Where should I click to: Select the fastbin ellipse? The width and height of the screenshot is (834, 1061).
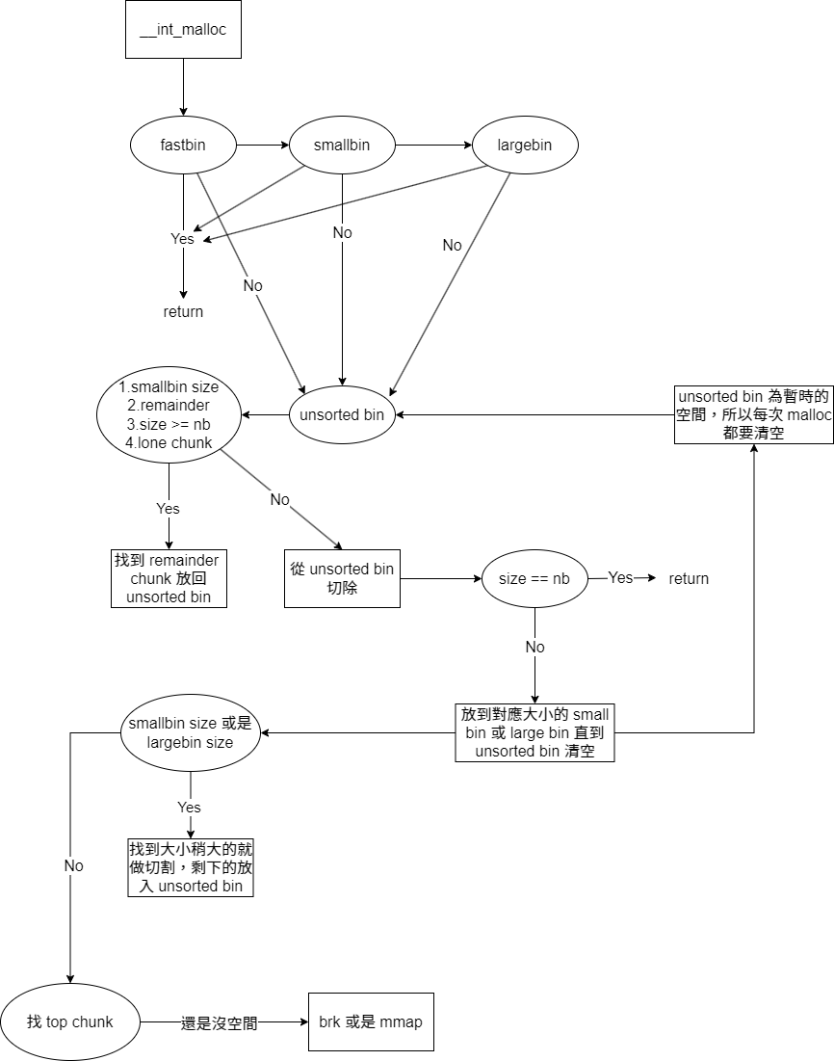(183, 146)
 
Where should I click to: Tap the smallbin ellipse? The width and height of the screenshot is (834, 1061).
(342, 146)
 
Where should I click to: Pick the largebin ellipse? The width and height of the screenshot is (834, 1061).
(525, 146)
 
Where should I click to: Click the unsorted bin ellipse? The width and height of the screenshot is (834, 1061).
(342, 415)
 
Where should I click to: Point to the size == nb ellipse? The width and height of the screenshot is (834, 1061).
(534, 579)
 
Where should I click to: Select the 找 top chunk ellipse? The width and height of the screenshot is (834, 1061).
(70, 1021)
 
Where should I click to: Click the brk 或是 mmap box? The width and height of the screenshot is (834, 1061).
(371, 1021)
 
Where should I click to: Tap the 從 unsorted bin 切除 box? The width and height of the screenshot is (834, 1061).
(342, 578)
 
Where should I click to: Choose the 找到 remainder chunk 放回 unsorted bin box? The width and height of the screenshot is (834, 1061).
(169, 578)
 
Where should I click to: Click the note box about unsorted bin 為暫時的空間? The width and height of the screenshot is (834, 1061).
(753, 414)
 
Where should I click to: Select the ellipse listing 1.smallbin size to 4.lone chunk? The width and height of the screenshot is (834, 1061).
(169, 415)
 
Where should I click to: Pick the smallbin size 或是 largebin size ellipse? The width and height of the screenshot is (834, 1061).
(190, 733)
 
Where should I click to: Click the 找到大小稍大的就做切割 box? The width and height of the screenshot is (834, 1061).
(191, 867)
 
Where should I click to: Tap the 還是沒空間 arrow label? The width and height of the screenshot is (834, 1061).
(220, 1022)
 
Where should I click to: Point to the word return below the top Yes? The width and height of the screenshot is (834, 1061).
(183, 311)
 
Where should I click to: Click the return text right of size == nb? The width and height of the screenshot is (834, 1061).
(689, 578)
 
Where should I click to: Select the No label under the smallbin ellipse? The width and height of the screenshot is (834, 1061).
(342, 233)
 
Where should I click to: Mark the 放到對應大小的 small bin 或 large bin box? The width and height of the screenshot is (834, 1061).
(534, 733)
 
